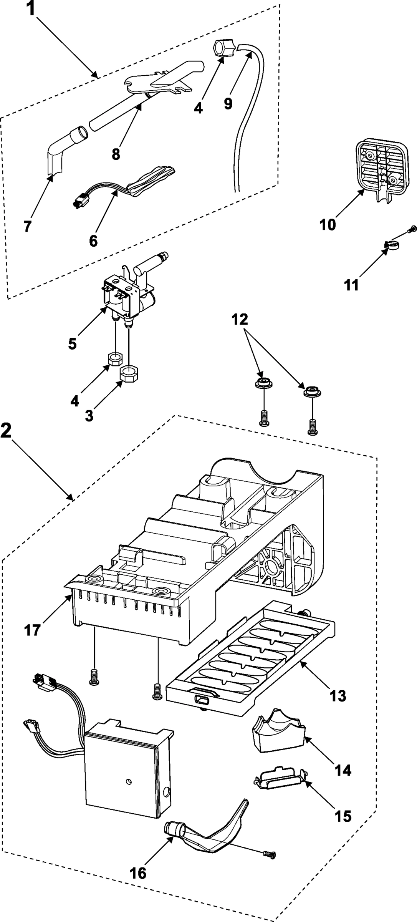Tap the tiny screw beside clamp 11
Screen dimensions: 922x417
tap(413, 229)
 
